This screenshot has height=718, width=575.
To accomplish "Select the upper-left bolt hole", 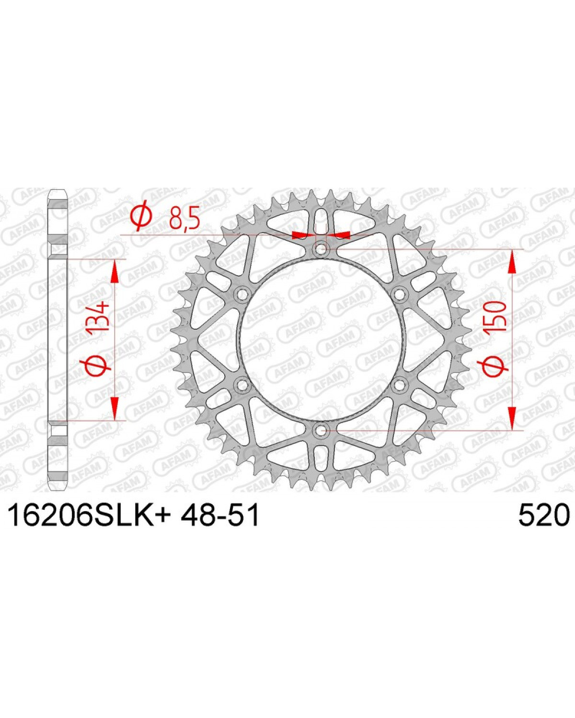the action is tap(242, 294).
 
